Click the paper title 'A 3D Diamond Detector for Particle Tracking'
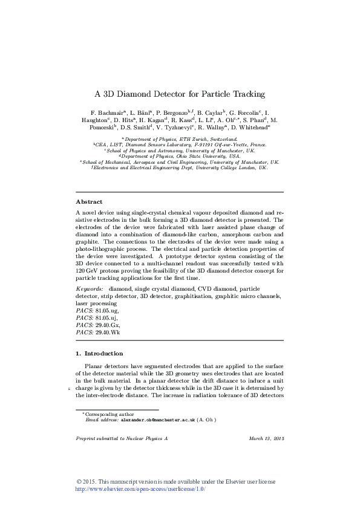click(180, 94)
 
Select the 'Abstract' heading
click(89, 201)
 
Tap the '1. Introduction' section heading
click(99, 353)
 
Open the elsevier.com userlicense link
click(140, 489)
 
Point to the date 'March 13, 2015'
click(266, 438)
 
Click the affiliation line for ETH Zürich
click(180, 139)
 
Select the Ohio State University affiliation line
click(180, 156)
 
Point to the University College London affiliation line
click(180, 167)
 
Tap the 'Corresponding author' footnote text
click(106, 413)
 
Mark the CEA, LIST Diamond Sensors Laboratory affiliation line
click(180, 145)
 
